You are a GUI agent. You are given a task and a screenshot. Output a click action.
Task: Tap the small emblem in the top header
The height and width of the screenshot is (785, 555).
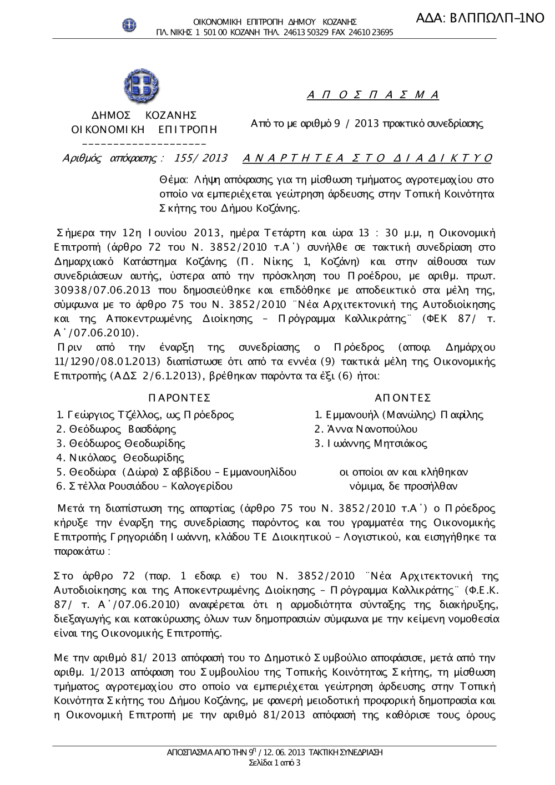[129, 25]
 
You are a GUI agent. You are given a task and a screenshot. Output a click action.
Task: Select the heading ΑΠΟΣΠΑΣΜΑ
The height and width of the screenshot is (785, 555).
[373, 95]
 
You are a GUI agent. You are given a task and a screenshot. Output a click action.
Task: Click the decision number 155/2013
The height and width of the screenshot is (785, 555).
[200, 158]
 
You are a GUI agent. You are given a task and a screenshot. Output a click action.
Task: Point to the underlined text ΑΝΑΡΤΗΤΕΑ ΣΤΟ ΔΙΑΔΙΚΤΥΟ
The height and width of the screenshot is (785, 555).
[367, 158]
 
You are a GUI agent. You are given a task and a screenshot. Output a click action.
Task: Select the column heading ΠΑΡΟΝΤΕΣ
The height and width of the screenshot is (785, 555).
[180, 398]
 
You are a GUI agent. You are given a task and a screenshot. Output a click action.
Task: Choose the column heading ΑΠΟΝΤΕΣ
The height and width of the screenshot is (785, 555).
[403, 398]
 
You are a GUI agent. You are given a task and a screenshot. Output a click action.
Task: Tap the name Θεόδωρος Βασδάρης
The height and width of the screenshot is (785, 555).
[123, 429]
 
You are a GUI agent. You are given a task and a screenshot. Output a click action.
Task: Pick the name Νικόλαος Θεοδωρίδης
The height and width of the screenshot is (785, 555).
[127, 458]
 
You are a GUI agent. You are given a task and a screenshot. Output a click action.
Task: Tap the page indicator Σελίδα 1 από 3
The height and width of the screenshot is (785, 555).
[275, 763]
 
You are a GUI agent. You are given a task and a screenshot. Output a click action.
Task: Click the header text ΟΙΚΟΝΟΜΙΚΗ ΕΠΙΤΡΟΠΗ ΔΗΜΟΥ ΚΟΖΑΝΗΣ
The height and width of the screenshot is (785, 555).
[275, 22]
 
